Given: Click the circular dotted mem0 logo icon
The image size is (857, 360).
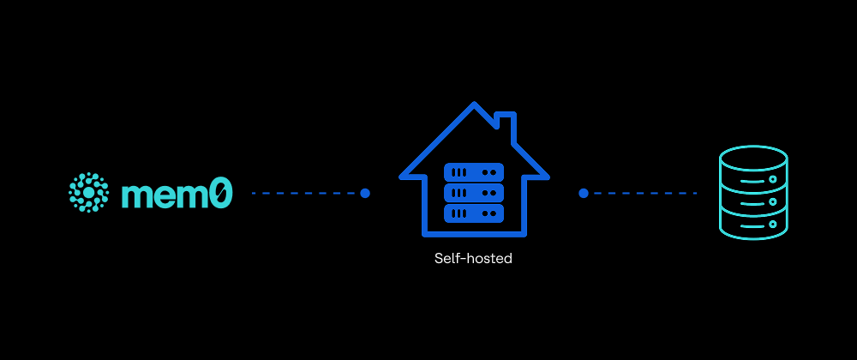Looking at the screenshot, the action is (88, 192).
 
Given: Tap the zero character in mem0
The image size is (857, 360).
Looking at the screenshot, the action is (221, 194).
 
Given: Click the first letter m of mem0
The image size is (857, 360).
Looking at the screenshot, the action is (137, 196).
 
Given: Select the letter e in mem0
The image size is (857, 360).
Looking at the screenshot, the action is (167, 196).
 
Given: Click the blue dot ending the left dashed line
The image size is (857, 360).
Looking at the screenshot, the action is (365, 193).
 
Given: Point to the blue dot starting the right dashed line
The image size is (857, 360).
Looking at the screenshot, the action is (583, 193).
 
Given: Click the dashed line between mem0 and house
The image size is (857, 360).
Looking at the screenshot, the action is (306, 193).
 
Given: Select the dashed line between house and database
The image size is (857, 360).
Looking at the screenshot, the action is (642, 193).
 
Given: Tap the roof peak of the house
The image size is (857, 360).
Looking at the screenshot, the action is (474, 104).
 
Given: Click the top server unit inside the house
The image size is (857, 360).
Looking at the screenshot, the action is (474, 172).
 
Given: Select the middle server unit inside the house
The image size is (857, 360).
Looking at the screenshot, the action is (474, 193).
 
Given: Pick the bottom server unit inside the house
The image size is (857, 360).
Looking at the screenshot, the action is (474, 213).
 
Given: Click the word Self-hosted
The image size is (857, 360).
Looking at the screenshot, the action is (473, 258).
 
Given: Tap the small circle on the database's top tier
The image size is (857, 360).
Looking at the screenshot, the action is (772, 179).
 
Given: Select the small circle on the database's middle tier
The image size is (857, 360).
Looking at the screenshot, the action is (772, 201).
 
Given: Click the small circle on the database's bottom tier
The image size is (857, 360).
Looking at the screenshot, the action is (772, 224).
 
